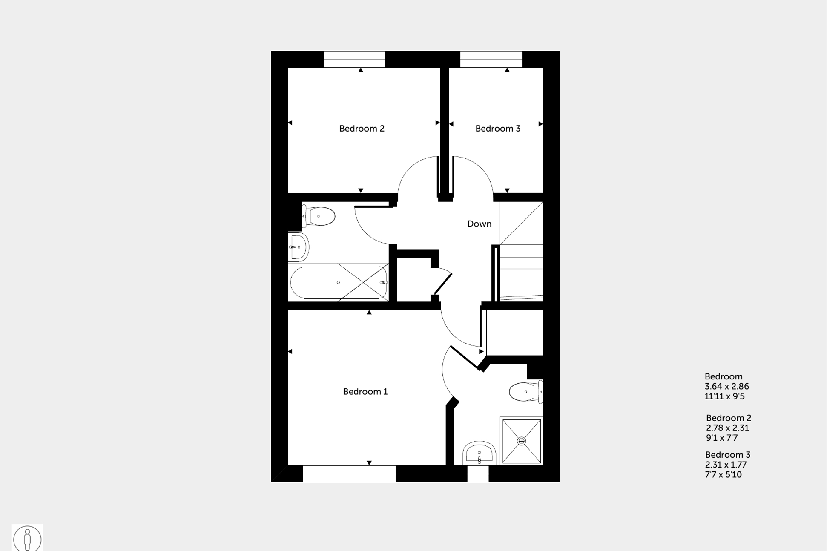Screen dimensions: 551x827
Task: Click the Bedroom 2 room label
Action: click(x=362, y=129)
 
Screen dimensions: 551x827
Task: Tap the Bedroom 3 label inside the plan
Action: click(x=497, y=129)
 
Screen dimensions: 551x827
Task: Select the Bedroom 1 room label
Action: click(x=365, y=392)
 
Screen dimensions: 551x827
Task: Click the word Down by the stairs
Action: click(x=479, y=224)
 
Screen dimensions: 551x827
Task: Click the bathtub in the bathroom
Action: click(x=339, y=283)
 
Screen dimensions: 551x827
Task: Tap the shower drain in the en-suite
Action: click(x=521, y=441)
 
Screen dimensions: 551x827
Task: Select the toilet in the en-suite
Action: click(x=525, y=392)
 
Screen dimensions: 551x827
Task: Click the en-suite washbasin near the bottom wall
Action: click(x=479, y=453)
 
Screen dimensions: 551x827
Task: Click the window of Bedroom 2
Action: click(x=354, y=59)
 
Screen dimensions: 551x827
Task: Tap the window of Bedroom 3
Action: click(x=491, y=59)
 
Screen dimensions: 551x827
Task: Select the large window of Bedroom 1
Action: click(x=349, y=474)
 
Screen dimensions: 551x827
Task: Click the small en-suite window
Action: click(x=478, y=474)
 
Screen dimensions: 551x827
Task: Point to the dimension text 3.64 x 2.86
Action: click(x=726, y=387)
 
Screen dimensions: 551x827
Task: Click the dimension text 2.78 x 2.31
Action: click(x=727, y=428)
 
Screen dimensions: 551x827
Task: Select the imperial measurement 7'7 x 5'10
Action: click(x=723, y=475)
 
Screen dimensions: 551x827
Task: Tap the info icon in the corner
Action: click(x=27, y=538)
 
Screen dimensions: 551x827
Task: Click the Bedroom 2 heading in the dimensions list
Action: click(x=728, y=418)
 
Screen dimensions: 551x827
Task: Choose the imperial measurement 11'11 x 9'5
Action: click(x=724, y=396)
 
